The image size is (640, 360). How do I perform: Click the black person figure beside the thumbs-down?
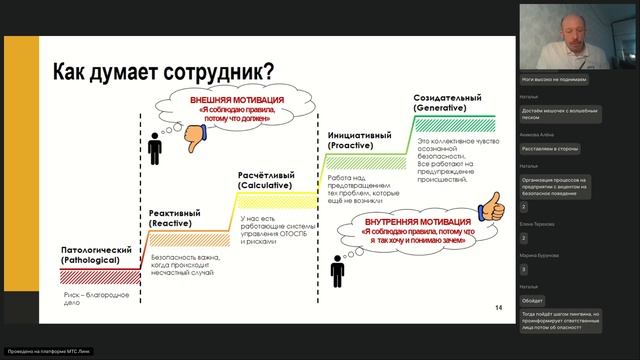click(x=154, y=148)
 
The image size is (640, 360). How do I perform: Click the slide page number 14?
click(x=498, y=306)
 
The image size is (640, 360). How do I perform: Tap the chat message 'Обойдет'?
click(x=533, y=299)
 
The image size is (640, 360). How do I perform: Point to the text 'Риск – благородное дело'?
click(x=81, y=300)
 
